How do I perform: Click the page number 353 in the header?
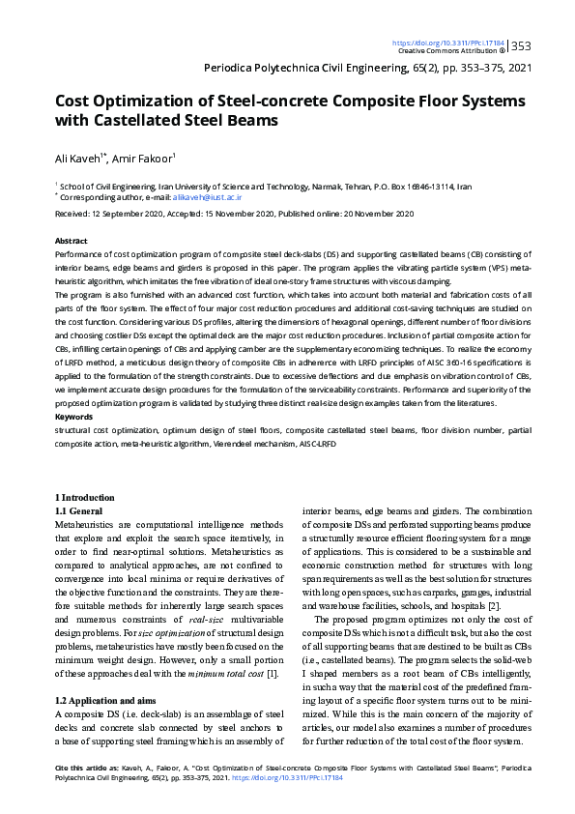click(522, 45)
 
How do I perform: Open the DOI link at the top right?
click(448, 43)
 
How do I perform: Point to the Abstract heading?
click(72, 240)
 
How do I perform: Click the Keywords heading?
click(74, 417)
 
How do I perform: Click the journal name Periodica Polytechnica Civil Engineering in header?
click(323, 69)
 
